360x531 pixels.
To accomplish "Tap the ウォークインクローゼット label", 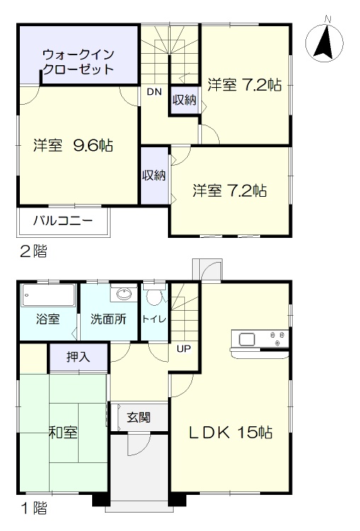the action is (79, 62).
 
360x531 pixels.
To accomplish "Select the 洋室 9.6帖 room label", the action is (73, 145).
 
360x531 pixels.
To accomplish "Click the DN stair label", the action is (154, 92).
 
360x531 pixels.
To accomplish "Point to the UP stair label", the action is (184, 348).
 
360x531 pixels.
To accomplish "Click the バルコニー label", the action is (62, 221).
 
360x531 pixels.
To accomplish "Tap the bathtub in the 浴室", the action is (48, 295).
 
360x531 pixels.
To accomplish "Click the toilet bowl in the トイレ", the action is (154, 297).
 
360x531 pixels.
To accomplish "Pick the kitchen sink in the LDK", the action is (247, 339).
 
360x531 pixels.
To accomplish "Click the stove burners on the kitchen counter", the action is (277, 338).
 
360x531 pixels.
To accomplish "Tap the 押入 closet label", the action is (78, 356).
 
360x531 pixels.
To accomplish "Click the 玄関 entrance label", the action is (139, 417).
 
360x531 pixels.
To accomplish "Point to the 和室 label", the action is (63, 433).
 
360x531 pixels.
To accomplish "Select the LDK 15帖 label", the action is (230, 433).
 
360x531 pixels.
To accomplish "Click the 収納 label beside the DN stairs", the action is (184, 100).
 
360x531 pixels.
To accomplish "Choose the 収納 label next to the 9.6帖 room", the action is (154, 175).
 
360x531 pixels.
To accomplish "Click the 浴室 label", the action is (47, 319).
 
